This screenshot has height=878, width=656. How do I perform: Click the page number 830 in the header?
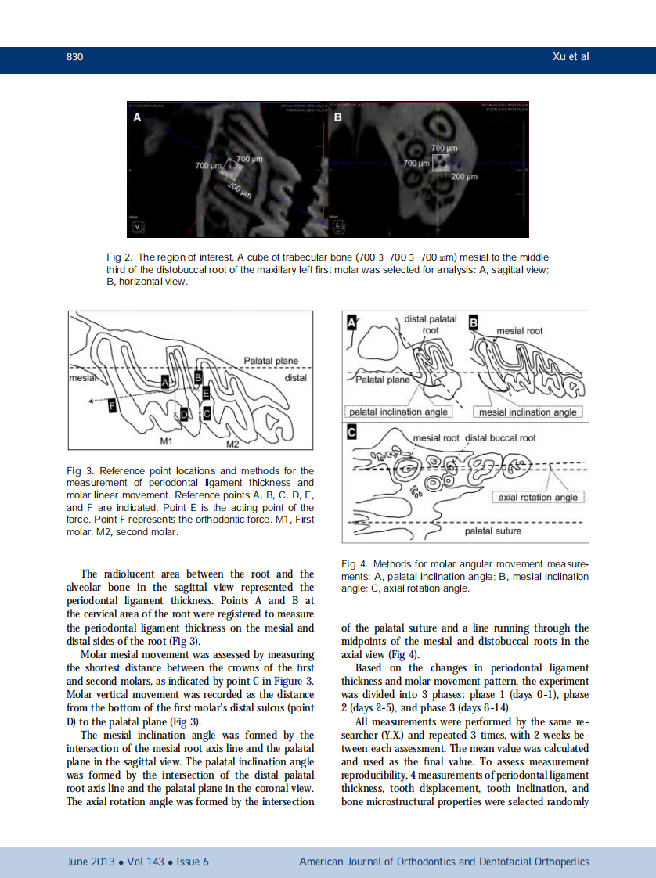[74, 57]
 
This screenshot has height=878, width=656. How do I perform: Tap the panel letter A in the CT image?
[137, 117]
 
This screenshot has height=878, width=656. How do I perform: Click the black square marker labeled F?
[113, 405]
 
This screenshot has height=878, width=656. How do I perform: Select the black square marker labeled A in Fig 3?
[165, 380]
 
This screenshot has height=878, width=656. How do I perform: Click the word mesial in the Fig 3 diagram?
[81, 376]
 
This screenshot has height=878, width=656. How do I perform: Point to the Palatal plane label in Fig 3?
[271, 361]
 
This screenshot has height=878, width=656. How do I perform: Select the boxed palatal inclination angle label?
[398, 412]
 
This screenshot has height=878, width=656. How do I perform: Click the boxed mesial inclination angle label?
[528, 412]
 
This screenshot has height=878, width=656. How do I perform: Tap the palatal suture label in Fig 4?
[493, 531]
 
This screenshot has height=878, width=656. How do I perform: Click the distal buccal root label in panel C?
[501, 437]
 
